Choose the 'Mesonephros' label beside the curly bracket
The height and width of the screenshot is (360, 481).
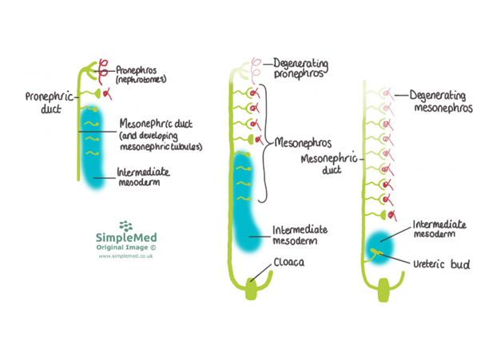tap(303, 144)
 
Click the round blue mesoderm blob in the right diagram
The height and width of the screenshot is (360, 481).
tap(379, 248)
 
